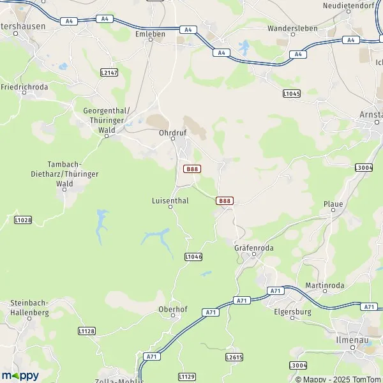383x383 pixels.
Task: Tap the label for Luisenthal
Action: click(x=170, y=199)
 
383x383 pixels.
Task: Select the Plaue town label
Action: click(x=333, y=204)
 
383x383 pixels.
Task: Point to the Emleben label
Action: click(x=151, y=32)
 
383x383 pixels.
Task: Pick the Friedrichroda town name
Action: click(x=24, y=86)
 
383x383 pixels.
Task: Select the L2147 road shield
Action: click(x=109, y=73)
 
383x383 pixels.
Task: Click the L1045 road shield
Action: click(x=291, y=94)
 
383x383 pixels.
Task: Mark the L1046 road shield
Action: click(x=193, y=256)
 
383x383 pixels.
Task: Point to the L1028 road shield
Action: click(x=23, y=220)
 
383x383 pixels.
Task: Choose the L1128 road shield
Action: click(x=87, y=331)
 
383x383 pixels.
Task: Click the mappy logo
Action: click(x=20, y=375)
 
